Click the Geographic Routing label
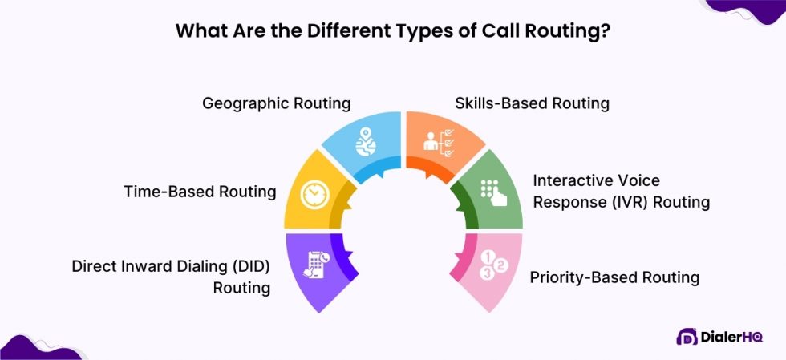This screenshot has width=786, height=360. click(x=276, y=103)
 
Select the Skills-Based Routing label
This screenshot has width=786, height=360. click(x=532, y=103)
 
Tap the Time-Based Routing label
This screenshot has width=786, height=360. click(x=200, y=192)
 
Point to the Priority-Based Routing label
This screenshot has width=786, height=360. click(x=614, y=277)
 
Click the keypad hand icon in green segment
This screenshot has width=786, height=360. click(x=490, y=192)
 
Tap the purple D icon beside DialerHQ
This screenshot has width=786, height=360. click(x=686, y=338)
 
